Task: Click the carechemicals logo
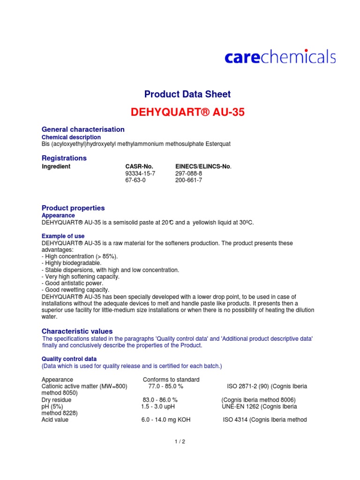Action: coord(280,57)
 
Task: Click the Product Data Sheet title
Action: coord(187,94)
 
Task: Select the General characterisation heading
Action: coord(83,129)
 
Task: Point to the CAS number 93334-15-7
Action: coord(140,173)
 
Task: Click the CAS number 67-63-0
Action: coord(135,180)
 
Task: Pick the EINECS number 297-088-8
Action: coord(189,173)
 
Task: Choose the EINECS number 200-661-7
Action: coord(189,180)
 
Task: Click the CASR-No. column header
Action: coord(139,166)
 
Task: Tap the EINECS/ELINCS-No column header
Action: coord(203,166)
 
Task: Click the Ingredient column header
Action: coord(56,166)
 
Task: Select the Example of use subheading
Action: coord(63,236)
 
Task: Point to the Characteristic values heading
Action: coord(77,331)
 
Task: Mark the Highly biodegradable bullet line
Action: coord(71,263)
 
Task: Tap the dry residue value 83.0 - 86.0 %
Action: coord(160,400)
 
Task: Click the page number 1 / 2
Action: coord(180,441)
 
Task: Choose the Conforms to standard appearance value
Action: coord(171,380)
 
